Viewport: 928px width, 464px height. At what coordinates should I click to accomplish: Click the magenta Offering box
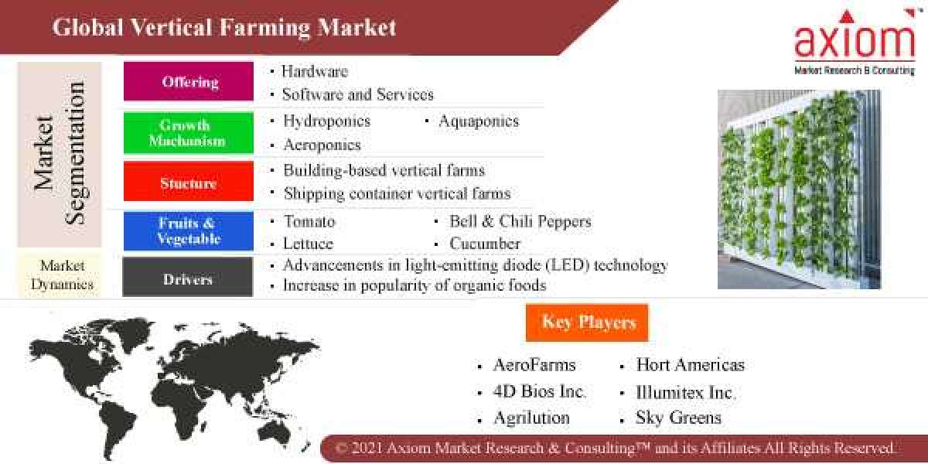click(189, 82)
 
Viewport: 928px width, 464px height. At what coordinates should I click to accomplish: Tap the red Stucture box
click(188, 183)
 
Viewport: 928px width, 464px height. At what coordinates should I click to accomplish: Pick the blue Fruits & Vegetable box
click(188, 231)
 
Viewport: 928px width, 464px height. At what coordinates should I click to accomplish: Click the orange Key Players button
click(588, 322)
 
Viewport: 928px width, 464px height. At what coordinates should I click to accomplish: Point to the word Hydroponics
click(326, 121)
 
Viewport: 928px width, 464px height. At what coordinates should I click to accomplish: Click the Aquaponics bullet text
click(478, 121)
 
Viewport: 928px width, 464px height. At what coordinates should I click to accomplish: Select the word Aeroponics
click(322, 145)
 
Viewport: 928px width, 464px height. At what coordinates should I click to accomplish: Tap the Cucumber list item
click(485, 244)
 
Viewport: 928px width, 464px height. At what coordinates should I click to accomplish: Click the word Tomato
click(309, 222)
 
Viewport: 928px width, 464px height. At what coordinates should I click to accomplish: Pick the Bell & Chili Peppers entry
click(520, 222)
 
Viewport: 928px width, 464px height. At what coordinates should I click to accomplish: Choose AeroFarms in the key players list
click(534, 365)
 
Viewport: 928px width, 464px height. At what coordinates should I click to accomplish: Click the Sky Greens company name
click(678, 418)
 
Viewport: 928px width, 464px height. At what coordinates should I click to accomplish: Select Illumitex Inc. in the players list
click(685, 392)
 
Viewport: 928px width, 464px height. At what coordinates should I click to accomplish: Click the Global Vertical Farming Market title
click(224, 28)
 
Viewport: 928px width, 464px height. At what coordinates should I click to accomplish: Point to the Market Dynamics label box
click(62, 275)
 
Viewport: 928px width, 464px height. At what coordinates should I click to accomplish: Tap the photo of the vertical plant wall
click(799, 189)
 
